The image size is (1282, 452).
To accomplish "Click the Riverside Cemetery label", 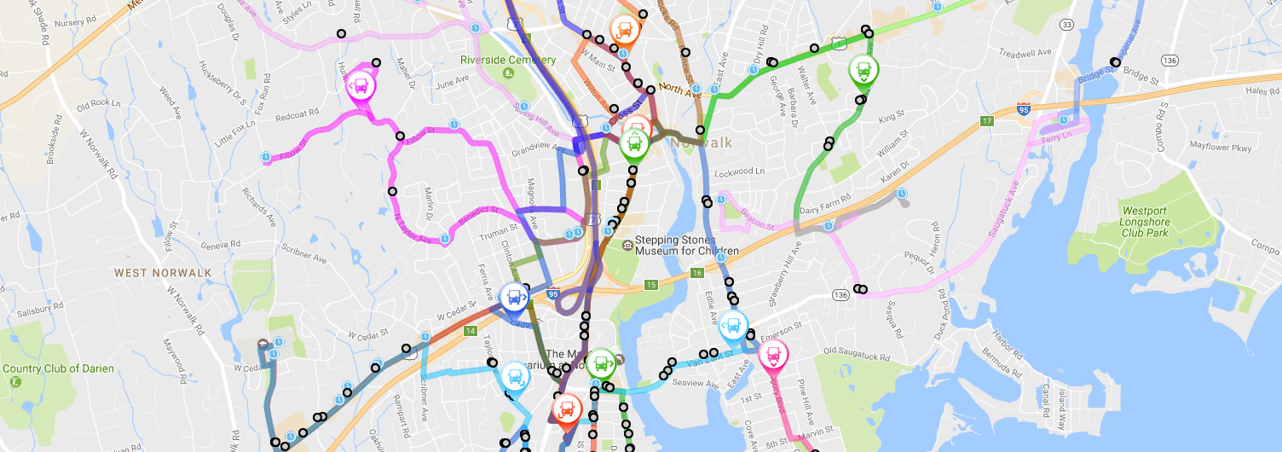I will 508,60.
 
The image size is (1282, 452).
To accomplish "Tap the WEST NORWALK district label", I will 163,273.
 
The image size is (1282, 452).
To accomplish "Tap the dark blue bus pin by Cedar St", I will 514,298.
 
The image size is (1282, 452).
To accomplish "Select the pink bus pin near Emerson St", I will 773,354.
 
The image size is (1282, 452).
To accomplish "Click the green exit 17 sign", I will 988,120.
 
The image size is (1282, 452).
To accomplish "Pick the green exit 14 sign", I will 470,330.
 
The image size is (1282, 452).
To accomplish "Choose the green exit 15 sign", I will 651,284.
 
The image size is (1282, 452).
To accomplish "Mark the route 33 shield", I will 1067,25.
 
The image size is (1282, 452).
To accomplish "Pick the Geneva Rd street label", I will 222,244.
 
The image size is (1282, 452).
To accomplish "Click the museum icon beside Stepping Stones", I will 627,246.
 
